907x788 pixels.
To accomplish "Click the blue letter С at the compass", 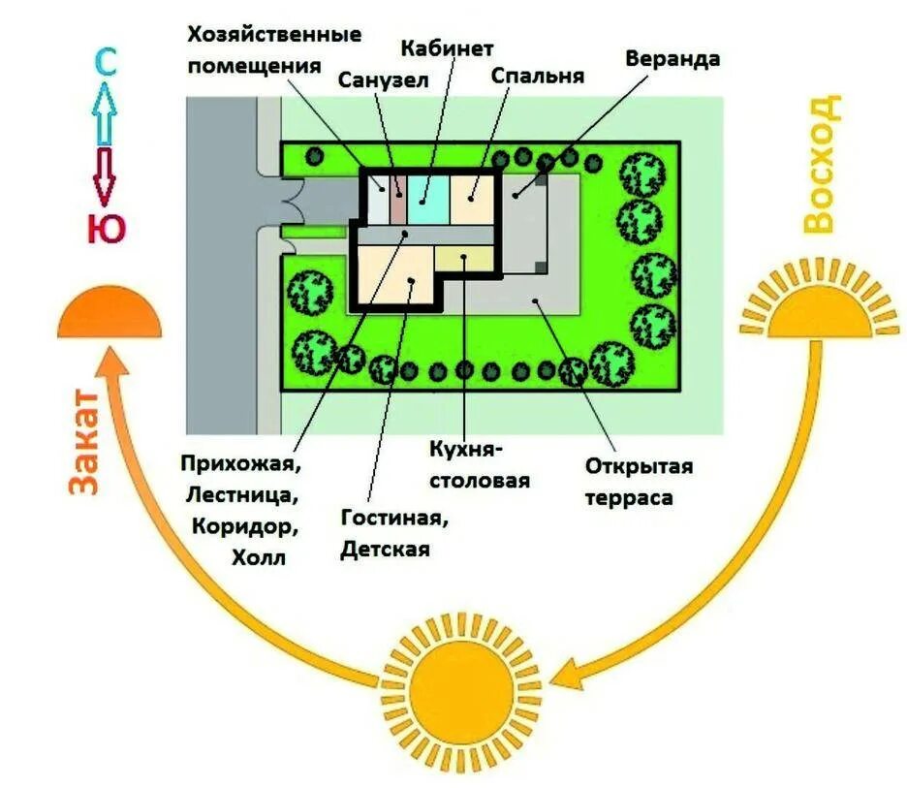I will pos(106,64).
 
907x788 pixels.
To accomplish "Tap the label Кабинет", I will pos(447,47).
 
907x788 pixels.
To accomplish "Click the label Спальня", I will pos(538,75).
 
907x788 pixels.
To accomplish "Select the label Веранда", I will pos(672,58).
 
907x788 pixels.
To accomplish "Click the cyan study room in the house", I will pos(427,191).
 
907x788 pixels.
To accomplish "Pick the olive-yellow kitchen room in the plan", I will pos(464,258).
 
